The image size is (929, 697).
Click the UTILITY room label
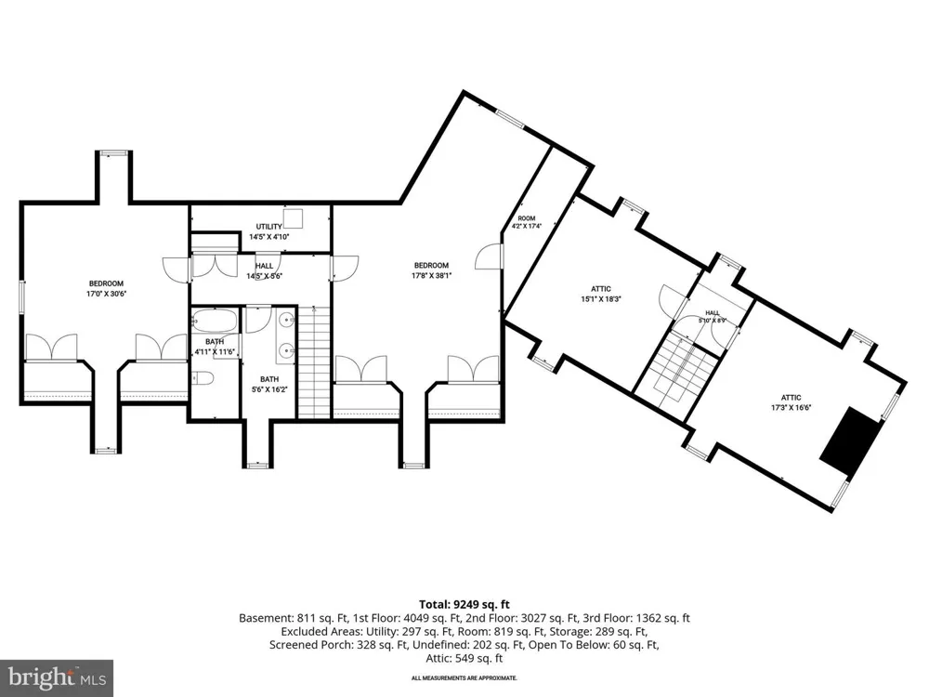pos(269,227)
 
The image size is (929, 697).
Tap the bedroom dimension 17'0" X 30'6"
pos(106,294)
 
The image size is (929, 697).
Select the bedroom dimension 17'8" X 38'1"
pos(431,276)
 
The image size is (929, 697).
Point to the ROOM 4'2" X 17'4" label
pos(527,222)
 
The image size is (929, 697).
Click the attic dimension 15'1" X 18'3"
pos(601,299)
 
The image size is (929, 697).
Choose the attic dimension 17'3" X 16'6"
pos(791,407)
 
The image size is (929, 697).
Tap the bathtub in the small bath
pos(215,321)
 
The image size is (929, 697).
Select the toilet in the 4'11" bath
pos(202,377)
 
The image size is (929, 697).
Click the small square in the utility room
pos(293,217)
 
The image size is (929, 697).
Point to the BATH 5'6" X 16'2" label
pos(269,385)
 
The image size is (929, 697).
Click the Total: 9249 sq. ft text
pos(464,605)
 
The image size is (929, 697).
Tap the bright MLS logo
pos(57,677)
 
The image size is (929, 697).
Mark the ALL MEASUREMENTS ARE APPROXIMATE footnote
pos(464,678)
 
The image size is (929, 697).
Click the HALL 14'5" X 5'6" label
pos(264,270)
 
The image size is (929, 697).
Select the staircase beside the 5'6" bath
pos(313,362)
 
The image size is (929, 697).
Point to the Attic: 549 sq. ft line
pos(464,659)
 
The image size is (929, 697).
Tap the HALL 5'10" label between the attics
pos(713,317)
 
